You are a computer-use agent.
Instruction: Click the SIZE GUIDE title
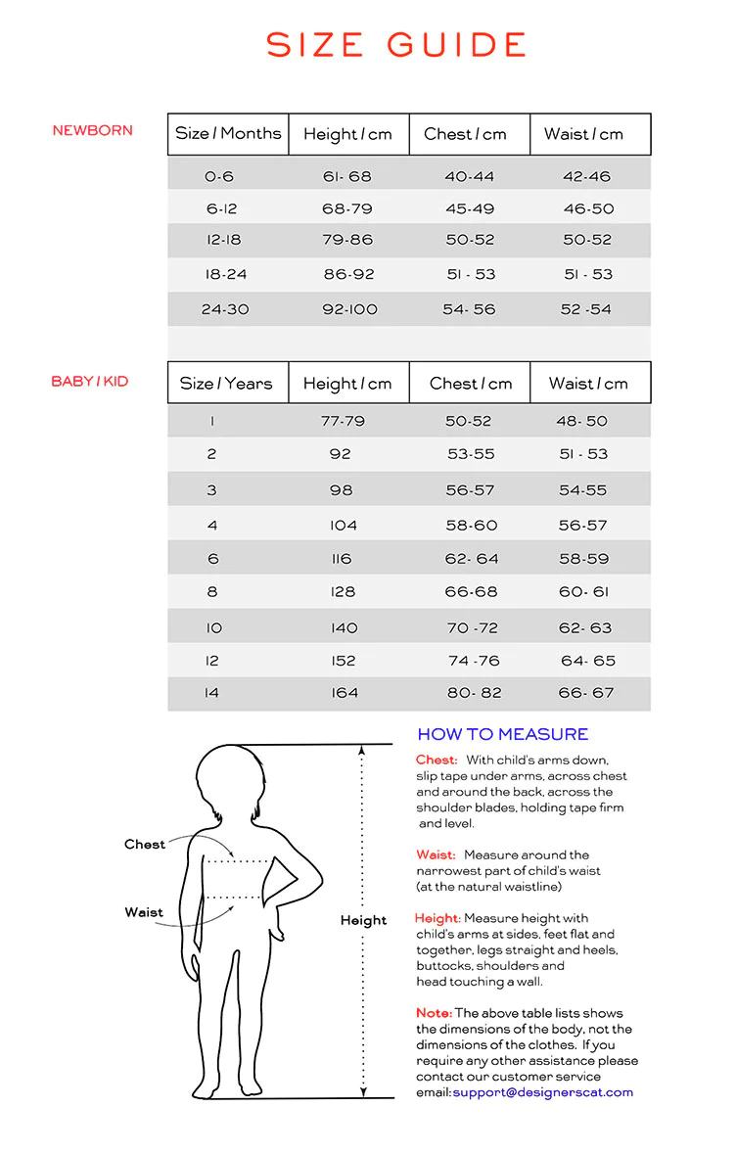coord(396,45)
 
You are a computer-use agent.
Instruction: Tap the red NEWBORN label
coord(93,130)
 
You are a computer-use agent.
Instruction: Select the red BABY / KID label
coord(90,381)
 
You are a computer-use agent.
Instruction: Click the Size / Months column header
coord(228,134)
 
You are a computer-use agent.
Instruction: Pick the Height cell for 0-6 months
coord(347,177)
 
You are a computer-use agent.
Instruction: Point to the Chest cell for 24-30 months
coord(470,309)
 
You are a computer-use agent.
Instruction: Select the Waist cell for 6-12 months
coord(588,208)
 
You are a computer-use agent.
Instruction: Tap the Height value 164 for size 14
coord(345,693)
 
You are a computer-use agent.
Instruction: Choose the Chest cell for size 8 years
coord(472,592)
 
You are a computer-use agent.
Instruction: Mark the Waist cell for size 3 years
coord(583,490)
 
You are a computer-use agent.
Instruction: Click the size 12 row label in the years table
coord(212,661)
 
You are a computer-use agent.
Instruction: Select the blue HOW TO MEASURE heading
coord(502,734)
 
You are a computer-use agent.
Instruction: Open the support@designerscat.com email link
coord(542,1092)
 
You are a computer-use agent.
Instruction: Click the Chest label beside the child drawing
coord(145,845)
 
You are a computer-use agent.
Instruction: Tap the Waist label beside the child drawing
coord(144,912)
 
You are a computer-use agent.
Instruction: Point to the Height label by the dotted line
coord(363,920)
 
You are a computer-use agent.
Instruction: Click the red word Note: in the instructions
coord(434,1013)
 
